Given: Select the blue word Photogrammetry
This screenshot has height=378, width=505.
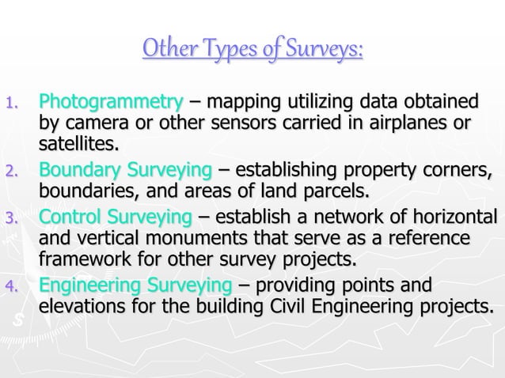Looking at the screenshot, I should [x=111, y=103].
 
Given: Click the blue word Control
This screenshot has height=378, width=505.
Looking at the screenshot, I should [x=71, y=217].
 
